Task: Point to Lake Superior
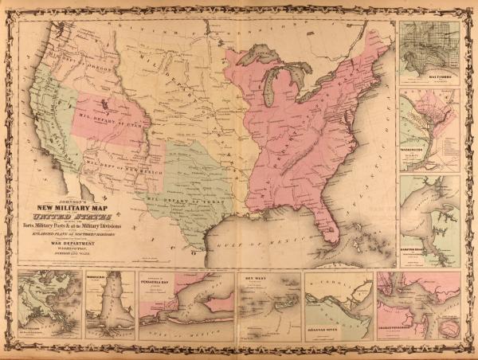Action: (258, 56)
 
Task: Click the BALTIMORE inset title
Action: (429, 79)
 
